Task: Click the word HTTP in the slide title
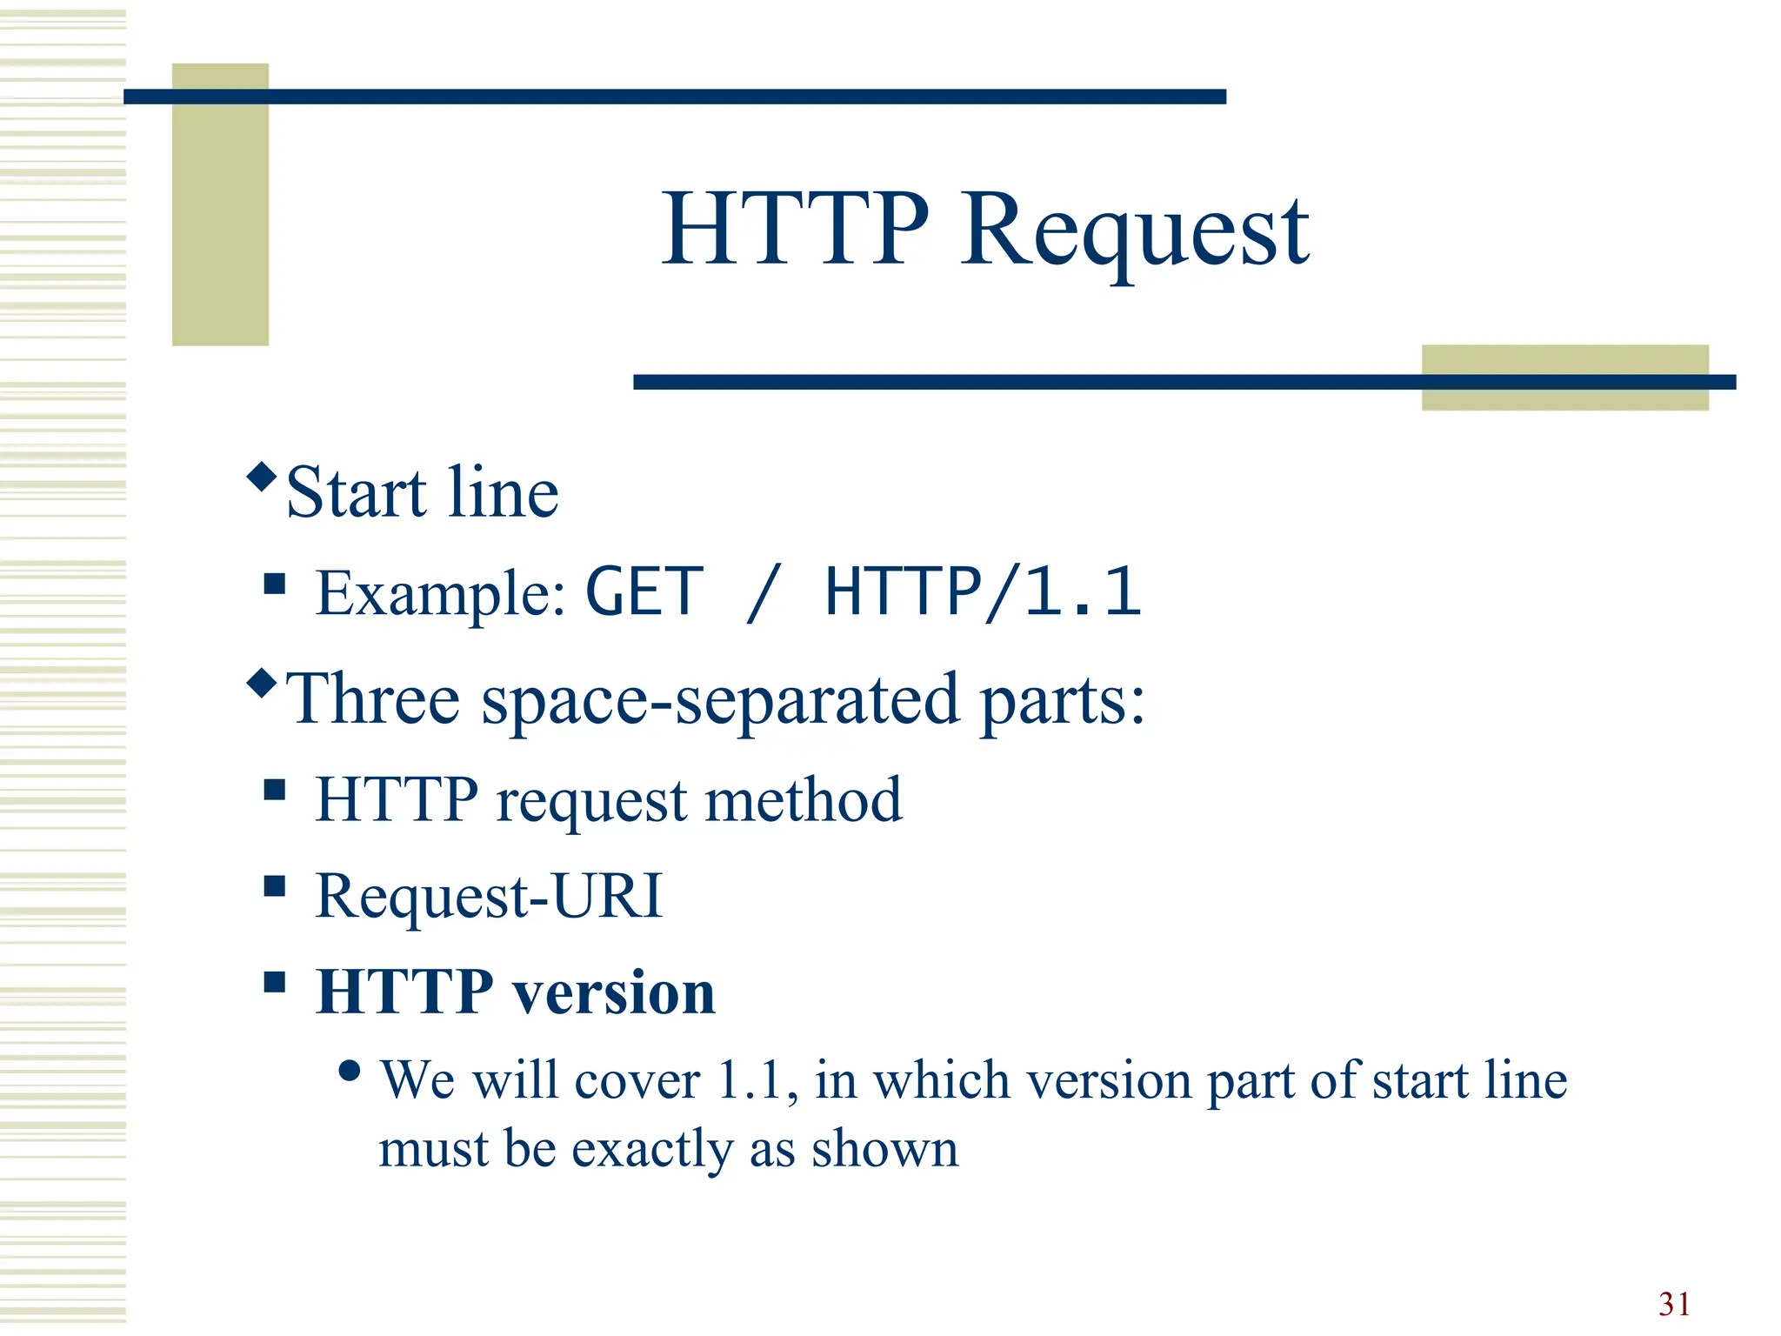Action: [795, 230]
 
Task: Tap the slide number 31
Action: [1674, 1304]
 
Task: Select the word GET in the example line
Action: [644, 592]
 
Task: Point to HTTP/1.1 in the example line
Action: [983, 592]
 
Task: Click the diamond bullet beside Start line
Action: [262, 477]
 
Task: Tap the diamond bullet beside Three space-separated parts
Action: [262, 683]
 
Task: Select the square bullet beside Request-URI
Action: [275, 886]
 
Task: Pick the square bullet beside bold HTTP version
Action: [275, 983]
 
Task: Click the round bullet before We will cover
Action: [350, 1071]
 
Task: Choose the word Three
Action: [373, 699]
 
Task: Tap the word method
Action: [804, 800]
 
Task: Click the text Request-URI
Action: [489, 896]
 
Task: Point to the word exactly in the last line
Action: [652, 1150]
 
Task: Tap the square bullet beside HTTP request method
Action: [275, 790]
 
